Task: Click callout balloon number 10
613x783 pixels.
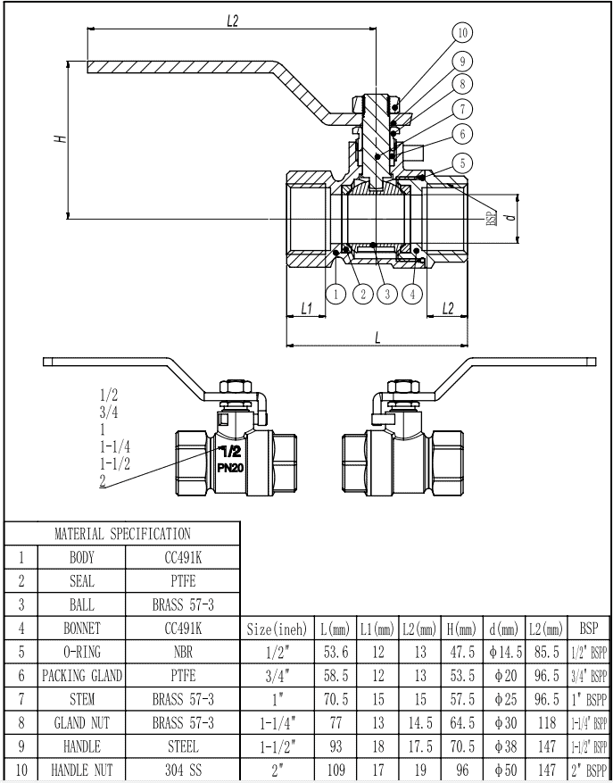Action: [461, 33]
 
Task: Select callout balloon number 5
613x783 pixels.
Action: [461, 162]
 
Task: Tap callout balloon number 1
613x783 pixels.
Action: [335, 293]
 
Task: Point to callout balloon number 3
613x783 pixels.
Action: [386, 293]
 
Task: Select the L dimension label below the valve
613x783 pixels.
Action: [377, 337]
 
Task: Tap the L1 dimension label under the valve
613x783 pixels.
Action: [306, 308]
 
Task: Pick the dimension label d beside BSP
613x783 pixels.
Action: [508, 215]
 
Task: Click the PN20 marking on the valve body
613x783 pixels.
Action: [230, 467]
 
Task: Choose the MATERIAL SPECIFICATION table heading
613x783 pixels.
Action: [122, 534]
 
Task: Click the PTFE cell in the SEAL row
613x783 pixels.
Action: [183, 580]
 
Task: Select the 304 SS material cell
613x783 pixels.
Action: [183, 770]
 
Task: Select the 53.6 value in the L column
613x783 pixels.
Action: [338, 652]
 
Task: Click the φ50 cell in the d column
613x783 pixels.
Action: [505, 770]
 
